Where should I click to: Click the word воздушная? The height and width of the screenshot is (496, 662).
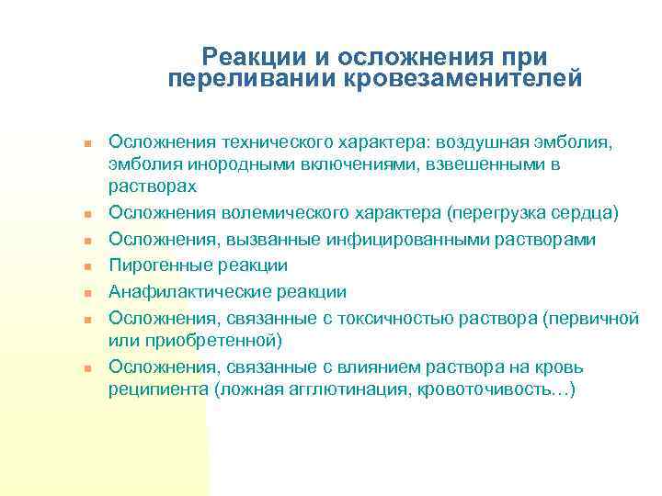[x=479, y=142]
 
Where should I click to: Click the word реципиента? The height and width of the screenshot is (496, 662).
[x=157, y=389]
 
